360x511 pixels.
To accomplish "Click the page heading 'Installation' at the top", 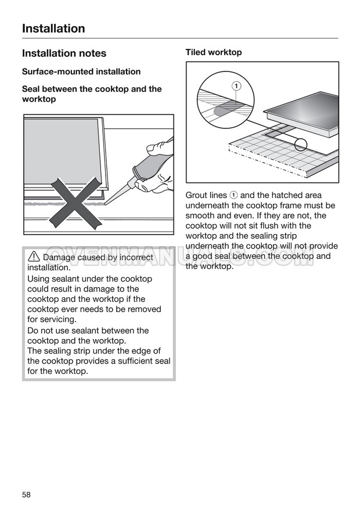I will point(53,28).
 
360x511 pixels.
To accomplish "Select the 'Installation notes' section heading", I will point(64,53).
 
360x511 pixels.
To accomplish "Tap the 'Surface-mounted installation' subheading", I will point(81,71).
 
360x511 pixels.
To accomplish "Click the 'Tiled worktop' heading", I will point(214,52).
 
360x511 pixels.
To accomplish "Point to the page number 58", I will point(27,494).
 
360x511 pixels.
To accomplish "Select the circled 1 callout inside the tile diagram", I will point(236,86).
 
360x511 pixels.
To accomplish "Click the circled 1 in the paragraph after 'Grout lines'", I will point(233,196).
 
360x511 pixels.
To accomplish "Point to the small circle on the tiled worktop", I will point(300,145).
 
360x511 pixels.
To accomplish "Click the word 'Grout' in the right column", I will point(197,196).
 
